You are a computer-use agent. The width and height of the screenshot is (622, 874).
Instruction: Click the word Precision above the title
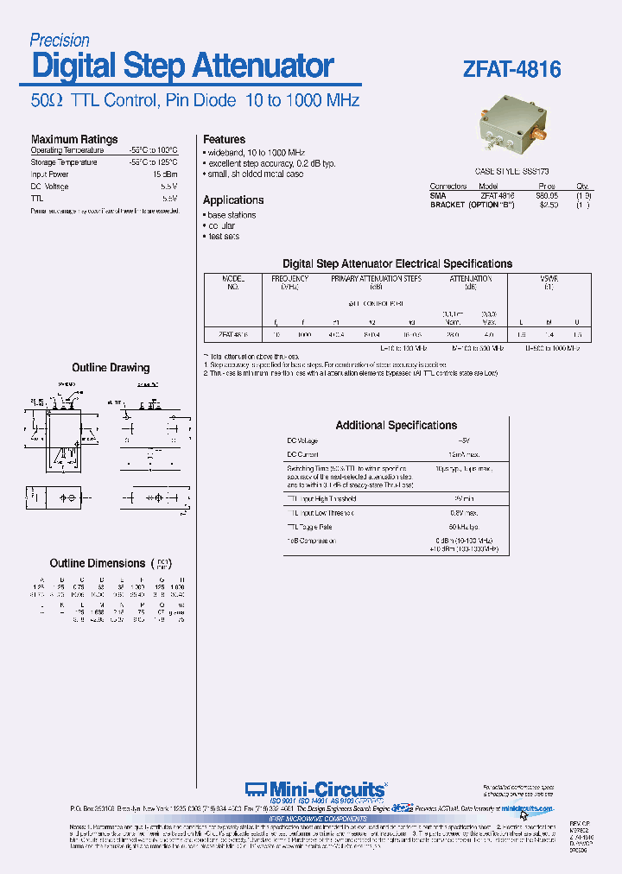tap(60, 40)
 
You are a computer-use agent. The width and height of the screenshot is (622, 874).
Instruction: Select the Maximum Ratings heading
tap(74, 139)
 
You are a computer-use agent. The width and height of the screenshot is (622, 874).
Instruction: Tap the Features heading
tap(224, 139)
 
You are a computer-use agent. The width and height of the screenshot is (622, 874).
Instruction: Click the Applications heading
tap(233, 199)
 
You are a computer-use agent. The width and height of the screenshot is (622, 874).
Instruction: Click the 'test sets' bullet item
tap(223, 237)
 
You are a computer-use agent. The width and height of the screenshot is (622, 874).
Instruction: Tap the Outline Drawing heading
tap(111, 368)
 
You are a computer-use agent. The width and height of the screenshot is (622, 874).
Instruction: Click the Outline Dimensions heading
tap(98, 563)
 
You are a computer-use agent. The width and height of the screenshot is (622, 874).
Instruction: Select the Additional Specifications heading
tap(396, 425)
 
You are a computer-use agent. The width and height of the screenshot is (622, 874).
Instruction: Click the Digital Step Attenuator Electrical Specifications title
tap(397, 263)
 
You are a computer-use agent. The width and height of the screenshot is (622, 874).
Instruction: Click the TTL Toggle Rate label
tap(310, 527)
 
